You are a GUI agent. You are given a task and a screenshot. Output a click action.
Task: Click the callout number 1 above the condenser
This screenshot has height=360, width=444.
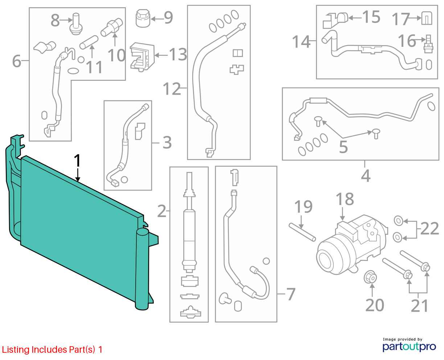tap(77, 160)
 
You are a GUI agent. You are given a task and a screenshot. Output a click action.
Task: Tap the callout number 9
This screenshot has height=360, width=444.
tap(168, 17)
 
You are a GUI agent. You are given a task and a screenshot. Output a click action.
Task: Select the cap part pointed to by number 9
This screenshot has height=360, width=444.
tap(143, 19)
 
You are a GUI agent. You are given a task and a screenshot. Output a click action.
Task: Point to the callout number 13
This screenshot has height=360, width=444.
tap(178, 54)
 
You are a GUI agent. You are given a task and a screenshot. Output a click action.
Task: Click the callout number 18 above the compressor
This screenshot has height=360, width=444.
tap(345, 199)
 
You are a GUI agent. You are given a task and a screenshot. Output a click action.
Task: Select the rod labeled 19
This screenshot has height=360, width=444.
tap(302, 232)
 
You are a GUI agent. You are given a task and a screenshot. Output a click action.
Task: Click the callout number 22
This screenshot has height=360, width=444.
tap(429, 228)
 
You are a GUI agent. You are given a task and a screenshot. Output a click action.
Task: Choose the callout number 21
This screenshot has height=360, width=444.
tap(419, 306)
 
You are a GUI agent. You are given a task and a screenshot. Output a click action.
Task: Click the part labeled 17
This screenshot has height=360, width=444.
tap(427, 18)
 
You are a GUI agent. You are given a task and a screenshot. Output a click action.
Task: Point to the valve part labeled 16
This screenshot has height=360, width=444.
tap(428, 44)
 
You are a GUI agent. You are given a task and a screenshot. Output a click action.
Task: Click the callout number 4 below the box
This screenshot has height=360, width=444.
tap(366, 176)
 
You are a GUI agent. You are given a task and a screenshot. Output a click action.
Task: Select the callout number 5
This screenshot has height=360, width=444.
tap(343, 147)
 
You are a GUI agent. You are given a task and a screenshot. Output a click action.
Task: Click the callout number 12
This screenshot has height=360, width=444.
tap(172, 89)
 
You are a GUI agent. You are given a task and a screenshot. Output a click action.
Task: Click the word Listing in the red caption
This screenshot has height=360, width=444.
tap(16, 349)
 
